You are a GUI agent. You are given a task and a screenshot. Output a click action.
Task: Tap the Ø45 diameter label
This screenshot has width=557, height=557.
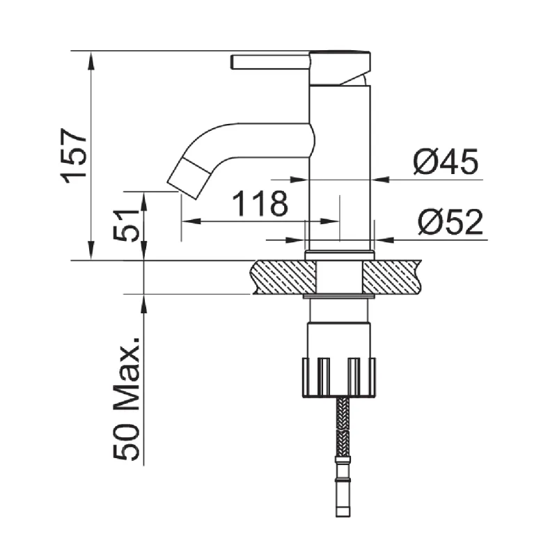pos(446,162)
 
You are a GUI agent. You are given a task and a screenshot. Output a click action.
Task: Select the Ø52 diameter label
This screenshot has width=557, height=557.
pos(450,222)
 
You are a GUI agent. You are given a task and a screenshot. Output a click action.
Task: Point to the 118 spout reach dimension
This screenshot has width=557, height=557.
pos(260,203)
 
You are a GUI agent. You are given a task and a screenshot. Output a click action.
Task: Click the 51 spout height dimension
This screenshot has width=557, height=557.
pos(126,225)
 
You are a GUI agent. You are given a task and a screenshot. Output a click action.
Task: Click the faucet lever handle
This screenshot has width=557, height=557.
pos(270,62)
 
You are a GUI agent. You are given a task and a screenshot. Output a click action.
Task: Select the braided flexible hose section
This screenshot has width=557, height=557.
pos(343,427)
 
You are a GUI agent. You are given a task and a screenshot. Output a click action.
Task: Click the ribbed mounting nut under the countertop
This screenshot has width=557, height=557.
pos(339,377)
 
